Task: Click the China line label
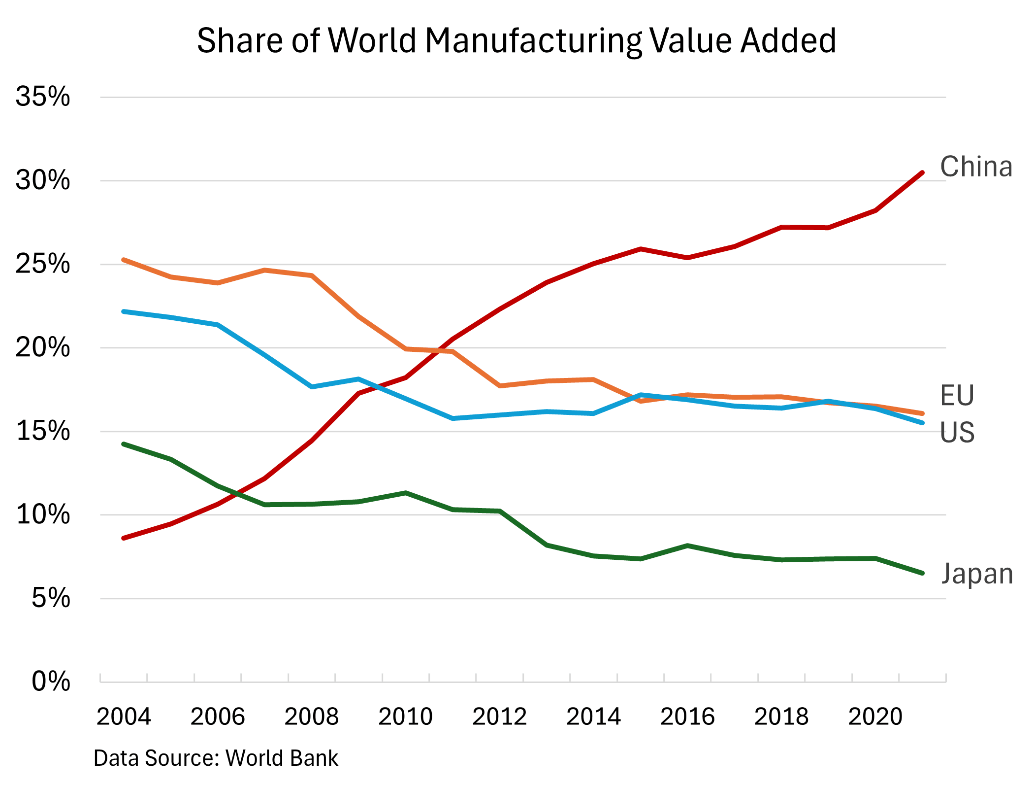point(976,167)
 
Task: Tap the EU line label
point(957,396)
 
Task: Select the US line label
point(957,433)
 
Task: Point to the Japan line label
point(977,575)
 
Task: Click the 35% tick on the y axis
point(43,97)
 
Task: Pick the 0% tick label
point(51,682)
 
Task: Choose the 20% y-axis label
point(43,348)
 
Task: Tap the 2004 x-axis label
point(124,717)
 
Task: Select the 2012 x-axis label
point(499,717)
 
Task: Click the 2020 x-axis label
point(875,717)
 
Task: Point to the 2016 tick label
point(687,717)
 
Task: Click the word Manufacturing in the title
point(533,40)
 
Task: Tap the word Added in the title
point(788,40)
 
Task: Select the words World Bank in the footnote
point(282,758)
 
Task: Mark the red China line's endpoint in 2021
point(922,173)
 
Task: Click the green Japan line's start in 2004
point(124,444)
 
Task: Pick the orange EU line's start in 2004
point(124,260)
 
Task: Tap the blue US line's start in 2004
point(124,311)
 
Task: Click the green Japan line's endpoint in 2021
point(922,573)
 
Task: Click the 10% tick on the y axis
point(43,515)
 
